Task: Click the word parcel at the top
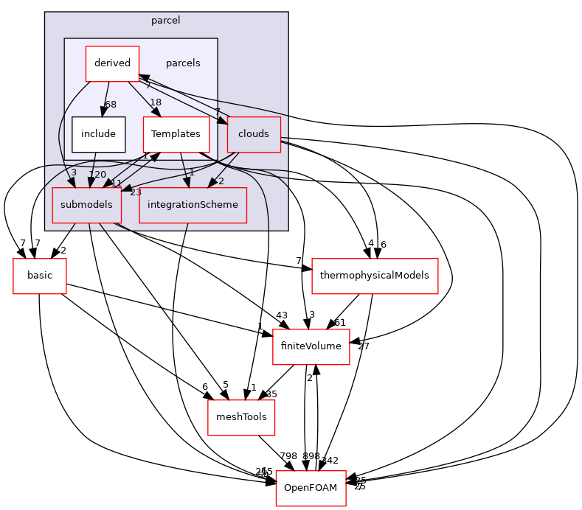pyautogui.click(x=166, y=21)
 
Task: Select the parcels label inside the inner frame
pyautogui.click(x=183, y=63)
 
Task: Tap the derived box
pyautogui.click(x=112, y=63)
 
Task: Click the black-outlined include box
pyautogui.click(x=98, y=134)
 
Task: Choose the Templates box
pyautogui.click(x=176, y=134)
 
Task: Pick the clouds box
pyautogui.click(x=254, y=134)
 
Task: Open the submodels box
pyautogui.click(x=86, y=205)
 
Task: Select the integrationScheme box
pyautogui.click(x=193, y=205)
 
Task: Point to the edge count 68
pyautogui.click(x=110, y=105)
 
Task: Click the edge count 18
pyautogui.click(x=155, y=102)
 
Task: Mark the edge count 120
pyautogui.click(x=97, y=175)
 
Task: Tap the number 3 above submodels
pyautogui.click(x=74, y=172)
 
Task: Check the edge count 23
pyautogui.click(x=135, y=192)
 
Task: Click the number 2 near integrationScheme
pyautogui.click(x=221, y=181)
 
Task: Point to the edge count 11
pyautogui.click(x=117, y=184)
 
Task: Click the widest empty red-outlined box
pyautogui.click(x=375, y=276)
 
